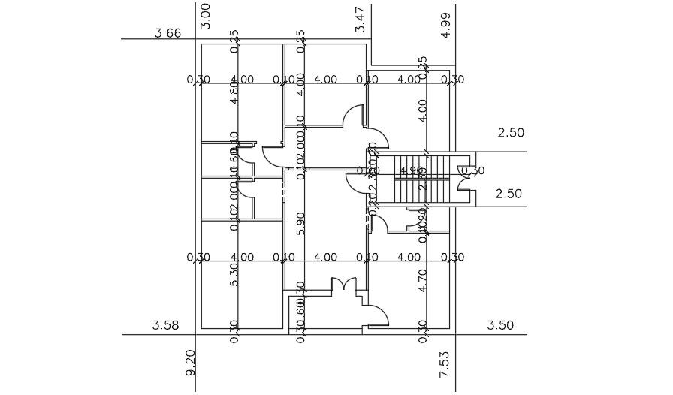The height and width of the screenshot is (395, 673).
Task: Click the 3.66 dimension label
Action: click(x=167, y=33)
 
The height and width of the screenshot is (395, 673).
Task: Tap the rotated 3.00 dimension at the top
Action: click(x=206, y=16)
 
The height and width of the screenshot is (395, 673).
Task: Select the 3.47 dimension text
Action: click(x=361, y=19)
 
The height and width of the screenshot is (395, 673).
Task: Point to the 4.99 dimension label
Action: click(x=446, y=25)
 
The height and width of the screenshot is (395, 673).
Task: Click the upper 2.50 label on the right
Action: click(x=511, y=133)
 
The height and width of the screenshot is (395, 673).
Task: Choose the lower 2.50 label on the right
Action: click(x=509, y=194)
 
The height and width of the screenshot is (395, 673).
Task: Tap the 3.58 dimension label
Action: click(x=165, y=325)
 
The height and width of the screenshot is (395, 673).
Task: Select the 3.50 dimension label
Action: click(x=500, y=325)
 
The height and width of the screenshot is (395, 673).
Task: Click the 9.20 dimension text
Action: click(x=190, y=363)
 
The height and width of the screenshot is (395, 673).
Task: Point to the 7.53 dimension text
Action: click(x=444, y=363)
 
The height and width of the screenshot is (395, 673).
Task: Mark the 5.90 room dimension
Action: click(x=301, y=223)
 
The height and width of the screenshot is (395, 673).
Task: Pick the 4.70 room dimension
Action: click(x=422, y=279)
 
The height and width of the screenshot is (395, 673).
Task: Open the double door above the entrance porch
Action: click(x=343, y=285)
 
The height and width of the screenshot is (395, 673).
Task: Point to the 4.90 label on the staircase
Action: click(x=412, y=171)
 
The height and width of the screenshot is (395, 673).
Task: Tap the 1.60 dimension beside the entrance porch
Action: click(x=300, y=308)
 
